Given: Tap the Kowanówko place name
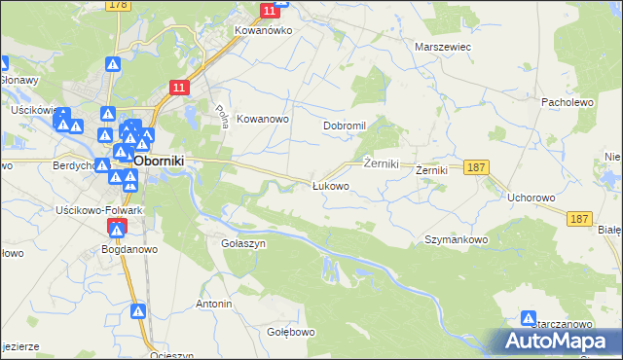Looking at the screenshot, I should tap(263, 30).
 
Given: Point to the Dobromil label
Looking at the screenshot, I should tap(344, 126).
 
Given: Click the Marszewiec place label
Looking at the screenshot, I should tap(443, 47).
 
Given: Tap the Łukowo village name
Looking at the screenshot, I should tap(330, 185).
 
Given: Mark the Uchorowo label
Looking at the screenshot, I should tap(531, 197).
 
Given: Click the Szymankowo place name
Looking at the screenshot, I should tap(456, 238).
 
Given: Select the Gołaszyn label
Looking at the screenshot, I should tap(243, 243).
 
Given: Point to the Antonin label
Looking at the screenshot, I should tap(214, 304).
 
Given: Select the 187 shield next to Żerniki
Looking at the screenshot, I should tap(475, 167).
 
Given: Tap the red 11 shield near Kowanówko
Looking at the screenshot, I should tap(270, 10).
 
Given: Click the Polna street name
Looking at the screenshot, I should tap(220, 118).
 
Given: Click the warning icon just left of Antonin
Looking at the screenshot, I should tap(139, 311).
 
